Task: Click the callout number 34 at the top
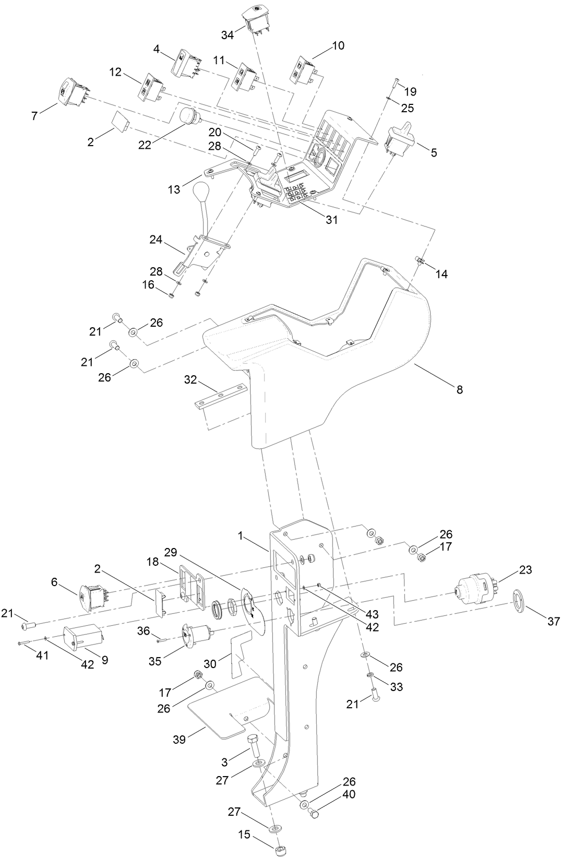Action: [x=227, y=35]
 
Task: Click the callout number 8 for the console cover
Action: [x=459, y=389]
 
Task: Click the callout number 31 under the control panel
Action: [x=331, y=220]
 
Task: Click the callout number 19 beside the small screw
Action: [x=410, y=92]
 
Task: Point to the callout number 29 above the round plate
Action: [x=171, y=552]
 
